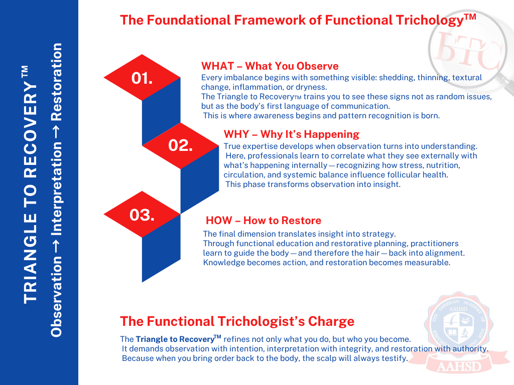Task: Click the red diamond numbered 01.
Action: [142, 78]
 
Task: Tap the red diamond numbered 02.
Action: [180, 146]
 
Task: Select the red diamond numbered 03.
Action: [142, 215]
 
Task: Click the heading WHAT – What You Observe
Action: [270, 66]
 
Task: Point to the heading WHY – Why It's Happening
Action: [292, 134]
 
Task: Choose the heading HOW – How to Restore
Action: [264, 221]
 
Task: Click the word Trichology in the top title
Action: [430, 20]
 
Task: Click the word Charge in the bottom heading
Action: [331, 322]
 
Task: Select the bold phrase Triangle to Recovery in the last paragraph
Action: [175, 339]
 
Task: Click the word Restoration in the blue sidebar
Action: [56, 82]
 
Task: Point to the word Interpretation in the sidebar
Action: [56, 188]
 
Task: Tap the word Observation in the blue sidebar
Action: [56, 297]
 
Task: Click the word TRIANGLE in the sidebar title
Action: [31, 258]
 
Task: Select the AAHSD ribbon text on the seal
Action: [459, 366]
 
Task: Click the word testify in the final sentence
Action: [396, 358]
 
